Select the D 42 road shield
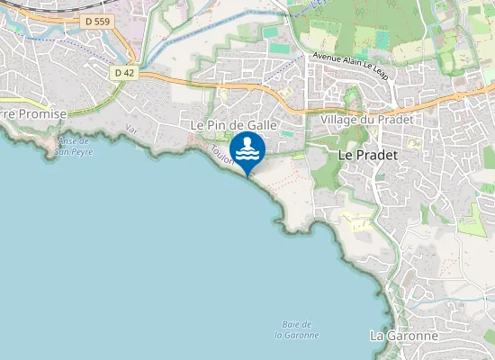[125, 72]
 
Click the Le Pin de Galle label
[232, 124]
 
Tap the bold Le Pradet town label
[367, 155]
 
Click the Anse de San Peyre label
[73, 146]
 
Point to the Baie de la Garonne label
[297, 329]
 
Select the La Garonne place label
[404, 336]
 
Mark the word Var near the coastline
[131, 130]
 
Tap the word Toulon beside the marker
[222, 155]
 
